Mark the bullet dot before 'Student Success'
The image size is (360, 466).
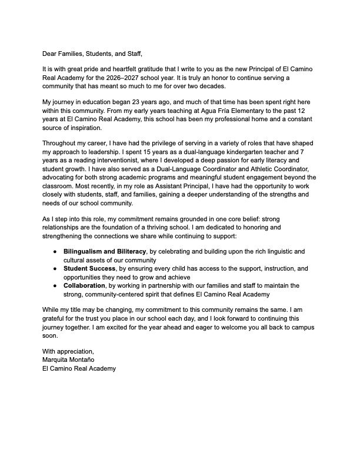coord(54,268)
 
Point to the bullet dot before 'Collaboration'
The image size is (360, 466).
coord(54,285)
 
